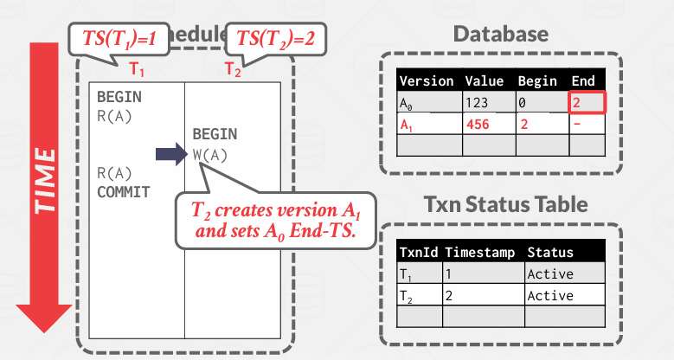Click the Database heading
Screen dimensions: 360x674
coord(501,35)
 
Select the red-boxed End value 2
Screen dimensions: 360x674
coord(585,103)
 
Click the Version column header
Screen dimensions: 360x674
coord(427,81)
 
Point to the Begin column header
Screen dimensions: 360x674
coord(537,81)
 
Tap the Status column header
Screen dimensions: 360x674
coord(549,253)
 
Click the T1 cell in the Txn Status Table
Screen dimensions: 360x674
coord(407,274)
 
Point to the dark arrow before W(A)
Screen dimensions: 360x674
coord(170,156)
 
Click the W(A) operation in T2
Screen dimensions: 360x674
coord(209,156)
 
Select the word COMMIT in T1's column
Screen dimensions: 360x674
coord(123,191)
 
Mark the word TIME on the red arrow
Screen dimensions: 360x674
coord(45,180)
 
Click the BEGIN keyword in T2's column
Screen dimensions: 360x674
coord(215,136)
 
